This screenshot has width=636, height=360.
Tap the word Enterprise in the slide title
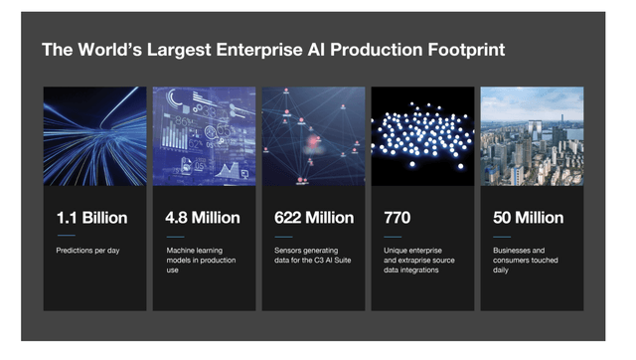click(238, 50)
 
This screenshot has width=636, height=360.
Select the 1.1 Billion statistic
click(92, 218)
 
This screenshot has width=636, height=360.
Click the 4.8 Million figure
click(202, 218)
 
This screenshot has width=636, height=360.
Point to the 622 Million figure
click(313, 218)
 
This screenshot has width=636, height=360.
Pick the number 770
click(397, 218)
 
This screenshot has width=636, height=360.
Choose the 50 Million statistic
click(528, 218)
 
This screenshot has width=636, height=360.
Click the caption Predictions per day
click(87, 251)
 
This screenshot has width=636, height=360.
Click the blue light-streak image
click(94, 136)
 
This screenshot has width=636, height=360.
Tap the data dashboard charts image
click(204, 136)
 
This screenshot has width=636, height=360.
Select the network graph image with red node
click(313, 136)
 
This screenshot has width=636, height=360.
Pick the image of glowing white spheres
click(422, 136)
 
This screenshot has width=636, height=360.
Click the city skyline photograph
click(532, 136)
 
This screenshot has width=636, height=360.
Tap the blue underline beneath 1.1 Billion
click(65, 236)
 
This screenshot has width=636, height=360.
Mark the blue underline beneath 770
click(392, 236)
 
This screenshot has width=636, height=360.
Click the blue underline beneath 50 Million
click(501, 236)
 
